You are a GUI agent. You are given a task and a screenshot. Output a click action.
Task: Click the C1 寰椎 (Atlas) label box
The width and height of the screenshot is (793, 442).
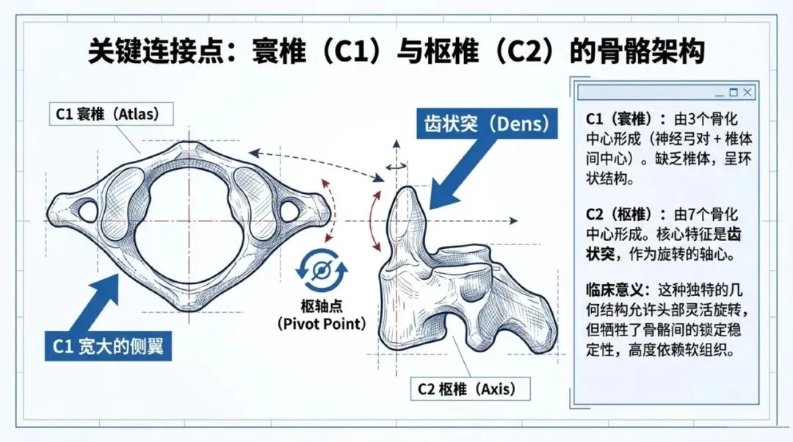pyautogui.click(x=107, y=115)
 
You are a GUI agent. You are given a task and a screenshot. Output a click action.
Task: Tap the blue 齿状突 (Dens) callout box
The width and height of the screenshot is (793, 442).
pyautogui.click(x=485, y=124)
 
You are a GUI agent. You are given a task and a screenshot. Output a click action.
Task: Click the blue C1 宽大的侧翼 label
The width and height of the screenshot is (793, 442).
pyautogui.click(x=108, y=346)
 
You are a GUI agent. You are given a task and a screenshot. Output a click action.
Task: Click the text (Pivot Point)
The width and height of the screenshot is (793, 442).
pyautogui.click(x=322, y=323)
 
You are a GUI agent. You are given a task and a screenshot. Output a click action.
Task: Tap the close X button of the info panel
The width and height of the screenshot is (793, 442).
pyautogui.click(x=747, y=93)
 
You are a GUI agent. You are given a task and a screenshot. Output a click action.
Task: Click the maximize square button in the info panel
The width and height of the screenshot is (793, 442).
pyautogui.click(x=733, y=93)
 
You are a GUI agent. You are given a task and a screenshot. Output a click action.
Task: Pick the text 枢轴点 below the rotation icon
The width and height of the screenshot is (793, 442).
pyautogui.click(x=322, y=306)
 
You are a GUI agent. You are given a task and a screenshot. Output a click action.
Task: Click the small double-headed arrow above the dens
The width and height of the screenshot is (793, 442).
pyautogui.click(x=396, y=167)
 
